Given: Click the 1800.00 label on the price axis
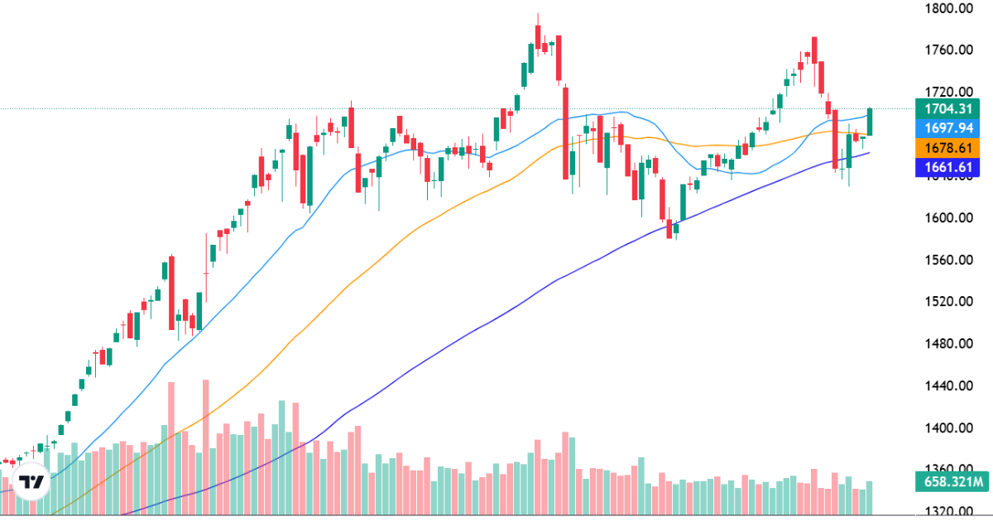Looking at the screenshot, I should click(949, 8).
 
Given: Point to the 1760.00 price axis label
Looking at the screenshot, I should click(949, 50).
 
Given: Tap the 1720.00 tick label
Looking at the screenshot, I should click(949, 92).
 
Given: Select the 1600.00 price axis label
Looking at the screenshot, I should click(949, 217).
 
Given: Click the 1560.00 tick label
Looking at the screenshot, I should click(949, 260).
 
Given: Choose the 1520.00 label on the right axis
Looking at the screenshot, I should click(949, 301).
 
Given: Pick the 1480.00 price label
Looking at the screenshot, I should click(949, 343).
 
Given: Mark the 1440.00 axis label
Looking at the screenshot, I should click(949, 385).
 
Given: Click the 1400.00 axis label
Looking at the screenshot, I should click(949, 428).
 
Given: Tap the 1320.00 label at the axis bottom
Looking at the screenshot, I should click(949, 511).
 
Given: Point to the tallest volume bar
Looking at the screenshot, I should click(205, 447).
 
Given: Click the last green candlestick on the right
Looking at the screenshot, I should click(870, 122).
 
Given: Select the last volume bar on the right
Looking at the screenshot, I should click(870, 497).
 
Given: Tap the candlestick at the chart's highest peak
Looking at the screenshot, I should click(538, 36).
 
